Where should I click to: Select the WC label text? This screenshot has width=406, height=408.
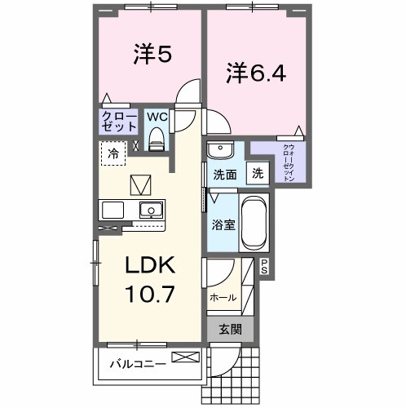[x=157, y=117]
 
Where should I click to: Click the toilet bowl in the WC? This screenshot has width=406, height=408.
[x=157, y=139]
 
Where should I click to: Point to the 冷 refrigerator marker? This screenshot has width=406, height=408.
[x=114, y=153]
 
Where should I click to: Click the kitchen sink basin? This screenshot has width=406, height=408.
[x=150, y=209]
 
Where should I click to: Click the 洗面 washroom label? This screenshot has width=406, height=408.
[x=225, y=174]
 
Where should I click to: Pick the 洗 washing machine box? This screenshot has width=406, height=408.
[x=257, y=173]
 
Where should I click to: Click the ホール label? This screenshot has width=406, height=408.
[x=223, y=298]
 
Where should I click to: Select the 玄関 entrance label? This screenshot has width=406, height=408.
[x=230, y=330]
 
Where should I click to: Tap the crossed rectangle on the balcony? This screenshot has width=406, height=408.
[x=184, y=357]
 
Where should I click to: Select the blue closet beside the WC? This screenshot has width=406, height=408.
[x=119, y=122]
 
